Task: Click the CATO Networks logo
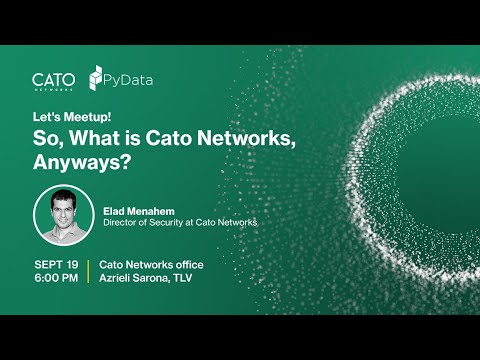click(54, 79)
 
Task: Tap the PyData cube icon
click(97, 78)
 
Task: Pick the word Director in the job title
click(120, 223)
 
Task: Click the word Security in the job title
click(167, 223)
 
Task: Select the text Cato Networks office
click(147, 263)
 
